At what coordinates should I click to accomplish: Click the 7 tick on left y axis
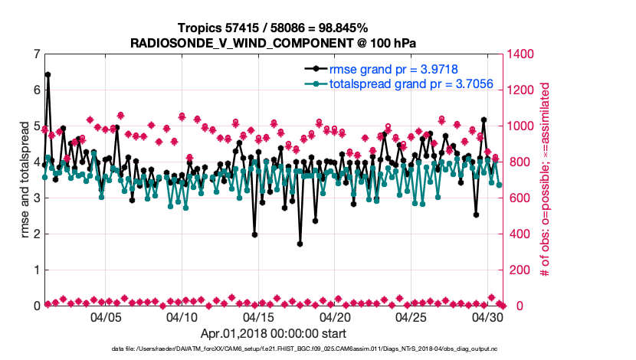coord(36,54)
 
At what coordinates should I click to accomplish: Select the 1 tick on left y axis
coord(36,270)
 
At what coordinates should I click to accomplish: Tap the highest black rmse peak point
coord(48,74)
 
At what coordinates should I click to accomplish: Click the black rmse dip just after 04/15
coord(254,234)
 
